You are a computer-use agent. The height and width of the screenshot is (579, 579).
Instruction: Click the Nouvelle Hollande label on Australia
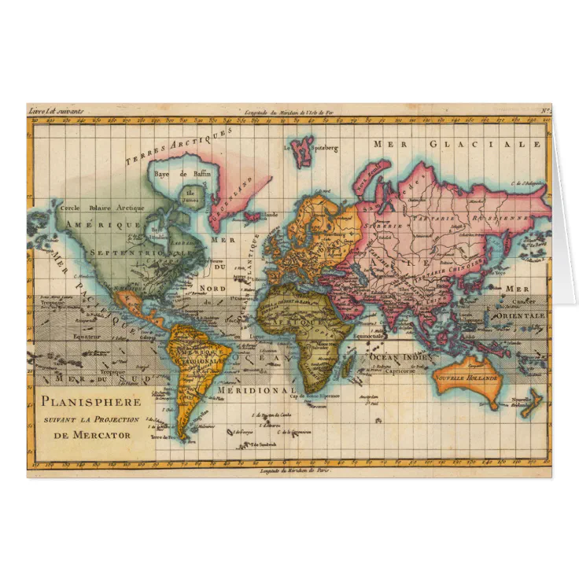coord(467,378)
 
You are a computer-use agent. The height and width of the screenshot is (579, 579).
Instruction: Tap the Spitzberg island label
coord(324,148)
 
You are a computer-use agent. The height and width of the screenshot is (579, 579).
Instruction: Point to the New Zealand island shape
coord(533,400)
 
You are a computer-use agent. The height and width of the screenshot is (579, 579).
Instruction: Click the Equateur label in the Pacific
coord(72,335)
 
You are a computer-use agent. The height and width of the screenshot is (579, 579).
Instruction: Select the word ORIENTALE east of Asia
coord(519,315)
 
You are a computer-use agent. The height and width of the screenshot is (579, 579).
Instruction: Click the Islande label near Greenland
coord(270,214)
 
